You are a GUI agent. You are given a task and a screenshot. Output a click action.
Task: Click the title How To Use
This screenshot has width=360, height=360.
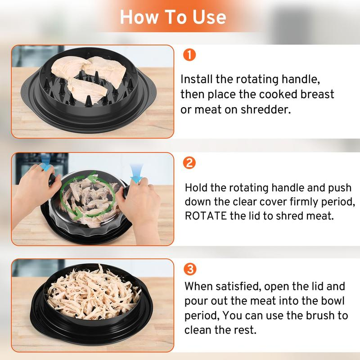click(173, 17)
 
